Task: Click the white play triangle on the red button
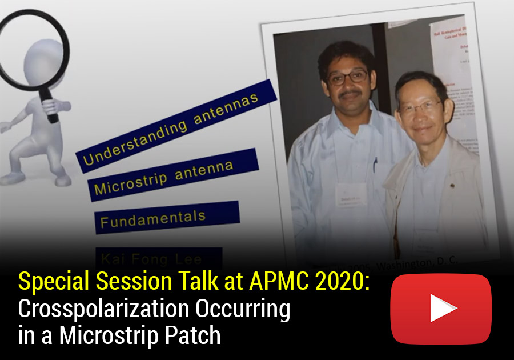pos(442,309)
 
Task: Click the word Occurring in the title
pos(242,309)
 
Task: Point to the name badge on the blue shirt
pos(349,190)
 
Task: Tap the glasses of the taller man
pos(348,77)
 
